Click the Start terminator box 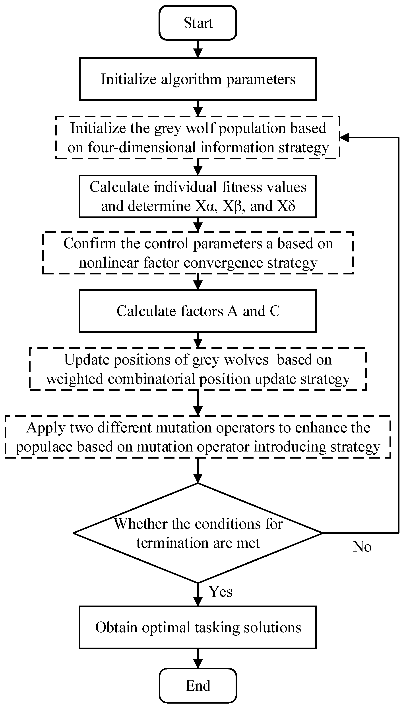coord(198,23)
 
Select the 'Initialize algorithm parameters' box coord(198,79)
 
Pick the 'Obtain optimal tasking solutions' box coord(198,627)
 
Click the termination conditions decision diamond coord(198,533)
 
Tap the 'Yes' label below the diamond coord(221,591)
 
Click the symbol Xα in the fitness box coord(206,206)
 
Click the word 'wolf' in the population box coord(200,128)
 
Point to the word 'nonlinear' coord(109,262)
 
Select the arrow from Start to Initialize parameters coord(198,49)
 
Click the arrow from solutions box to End coord(198,658)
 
